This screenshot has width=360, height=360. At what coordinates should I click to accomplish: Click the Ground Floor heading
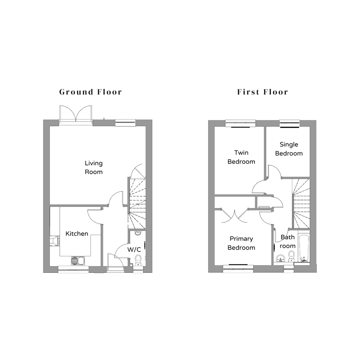(90, 92)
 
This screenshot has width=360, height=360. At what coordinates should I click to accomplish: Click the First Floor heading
(262, 92)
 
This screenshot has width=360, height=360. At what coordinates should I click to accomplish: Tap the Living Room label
(94, 168)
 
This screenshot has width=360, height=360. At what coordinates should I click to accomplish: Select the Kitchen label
(77, 234)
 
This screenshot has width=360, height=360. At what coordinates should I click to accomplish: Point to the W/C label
(134, 250)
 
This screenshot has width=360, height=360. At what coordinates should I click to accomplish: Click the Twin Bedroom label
(241, 157)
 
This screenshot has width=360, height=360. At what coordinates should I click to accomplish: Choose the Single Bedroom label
(289, 149)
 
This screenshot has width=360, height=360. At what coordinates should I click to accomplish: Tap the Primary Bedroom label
(241, 243)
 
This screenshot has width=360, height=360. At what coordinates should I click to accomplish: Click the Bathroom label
(288, 242)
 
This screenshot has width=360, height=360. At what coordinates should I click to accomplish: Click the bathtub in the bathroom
(304, 248)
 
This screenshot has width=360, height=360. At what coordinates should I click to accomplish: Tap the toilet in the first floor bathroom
(291, 256)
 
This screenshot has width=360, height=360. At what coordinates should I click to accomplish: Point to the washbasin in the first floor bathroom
(280, 259)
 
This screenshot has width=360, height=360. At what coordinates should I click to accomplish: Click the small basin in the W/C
(138, 233)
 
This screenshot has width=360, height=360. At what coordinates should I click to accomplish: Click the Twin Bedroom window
(240, 123)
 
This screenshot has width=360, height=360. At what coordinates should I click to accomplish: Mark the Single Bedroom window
(290, 123)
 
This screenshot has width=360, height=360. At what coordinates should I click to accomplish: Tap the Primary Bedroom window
(238, 269)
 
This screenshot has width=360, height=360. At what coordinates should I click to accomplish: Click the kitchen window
(74, 269)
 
